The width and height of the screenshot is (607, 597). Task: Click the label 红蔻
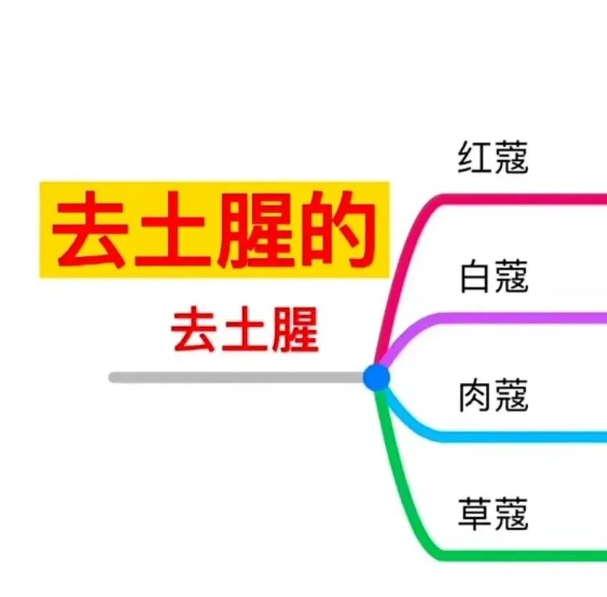pyautogui.click(x=493, y=158)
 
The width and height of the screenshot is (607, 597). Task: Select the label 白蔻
pyautogui.click(x=493, y=277)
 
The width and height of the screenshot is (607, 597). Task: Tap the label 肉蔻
pyautogui.click(x=493, y=396)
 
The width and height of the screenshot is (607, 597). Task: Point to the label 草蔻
pyautogui.click(x=493, y=515)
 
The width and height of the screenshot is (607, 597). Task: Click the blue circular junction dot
pyautogui.click(x=376, y=377)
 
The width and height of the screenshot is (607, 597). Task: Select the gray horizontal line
pyautogui.click(x=237, y=377)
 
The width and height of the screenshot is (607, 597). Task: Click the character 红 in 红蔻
pyautogui.click(x=474, y=158)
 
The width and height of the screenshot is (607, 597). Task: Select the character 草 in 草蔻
pyautogui.click(x=474, y=515)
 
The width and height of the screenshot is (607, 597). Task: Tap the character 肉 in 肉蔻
pyautogui.click(x=474, y=396)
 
